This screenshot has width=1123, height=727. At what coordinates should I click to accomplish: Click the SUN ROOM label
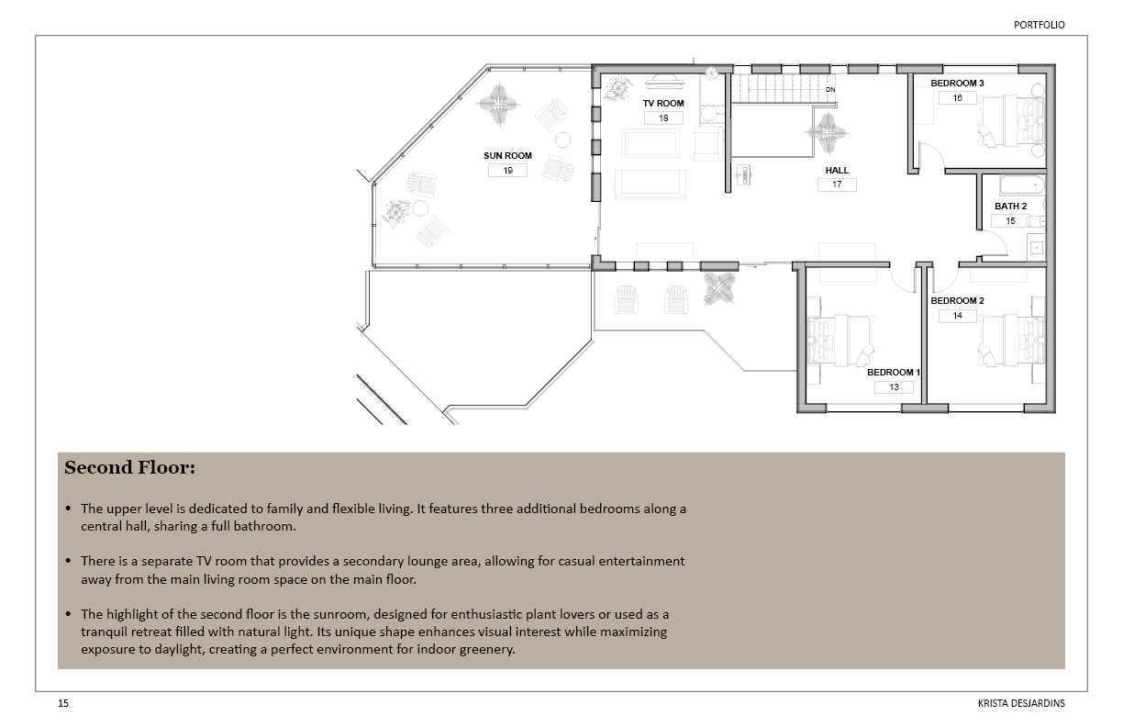tap(507, 155)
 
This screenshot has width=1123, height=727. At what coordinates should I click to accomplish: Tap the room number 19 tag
tap(508, 171)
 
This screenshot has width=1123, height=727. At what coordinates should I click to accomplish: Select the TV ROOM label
tap(663, 104)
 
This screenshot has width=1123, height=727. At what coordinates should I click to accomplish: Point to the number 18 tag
tap(663, 118)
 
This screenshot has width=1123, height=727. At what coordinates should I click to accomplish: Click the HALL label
tap(837, 170)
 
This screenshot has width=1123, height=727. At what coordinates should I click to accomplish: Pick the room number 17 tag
tap(837, 185)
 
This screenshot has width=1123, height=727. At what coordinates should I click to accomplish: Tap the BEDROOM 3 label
tap(957, 84)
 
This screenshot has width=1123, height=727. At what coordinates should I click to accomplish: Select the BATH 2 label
tap(1011, 207)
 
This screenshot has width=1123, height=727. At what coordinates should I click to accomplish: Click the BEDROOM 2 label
tap(957, 300)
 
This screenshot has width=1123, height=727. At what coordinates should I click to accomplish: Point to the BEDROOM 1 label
tap(894, 373)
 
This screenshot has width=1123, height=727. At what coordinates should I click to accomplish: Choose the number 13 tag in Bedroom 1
tap(894, 386)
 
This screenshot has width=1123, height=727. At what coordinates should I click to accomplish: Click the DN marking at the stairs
tap(830, 89)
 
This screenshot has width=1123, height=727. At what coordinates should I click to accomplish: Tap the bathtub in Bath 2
tap(1022, 185)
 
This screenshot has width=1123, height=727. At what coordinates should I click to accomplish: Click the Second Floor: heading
tap(130, 467)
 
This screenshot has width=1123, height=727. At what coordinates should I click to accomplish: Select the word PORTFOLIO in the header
tap(1040, 25)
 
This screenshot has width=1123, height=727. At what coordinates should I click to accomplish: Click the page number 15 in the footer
tap(63, 703)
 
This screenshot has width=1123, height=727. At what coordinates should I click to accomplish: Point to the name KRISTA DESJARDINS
tap(1021, 703)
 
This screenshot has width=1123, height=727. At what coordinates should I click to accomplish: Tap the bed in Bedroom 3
tap(1011, 121)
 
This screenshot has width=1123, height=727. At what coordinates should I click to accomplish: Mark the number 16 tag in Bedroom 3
tap(958, 98)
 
